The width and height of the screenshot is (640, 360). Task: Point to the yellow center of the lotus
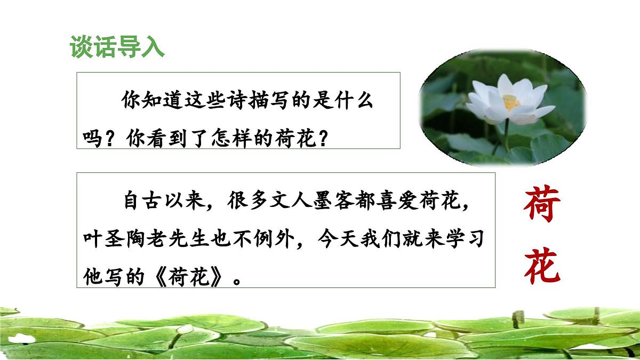tap(511, 101)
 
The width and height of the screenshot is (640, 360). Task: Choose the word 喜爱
tap(413, 203)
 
